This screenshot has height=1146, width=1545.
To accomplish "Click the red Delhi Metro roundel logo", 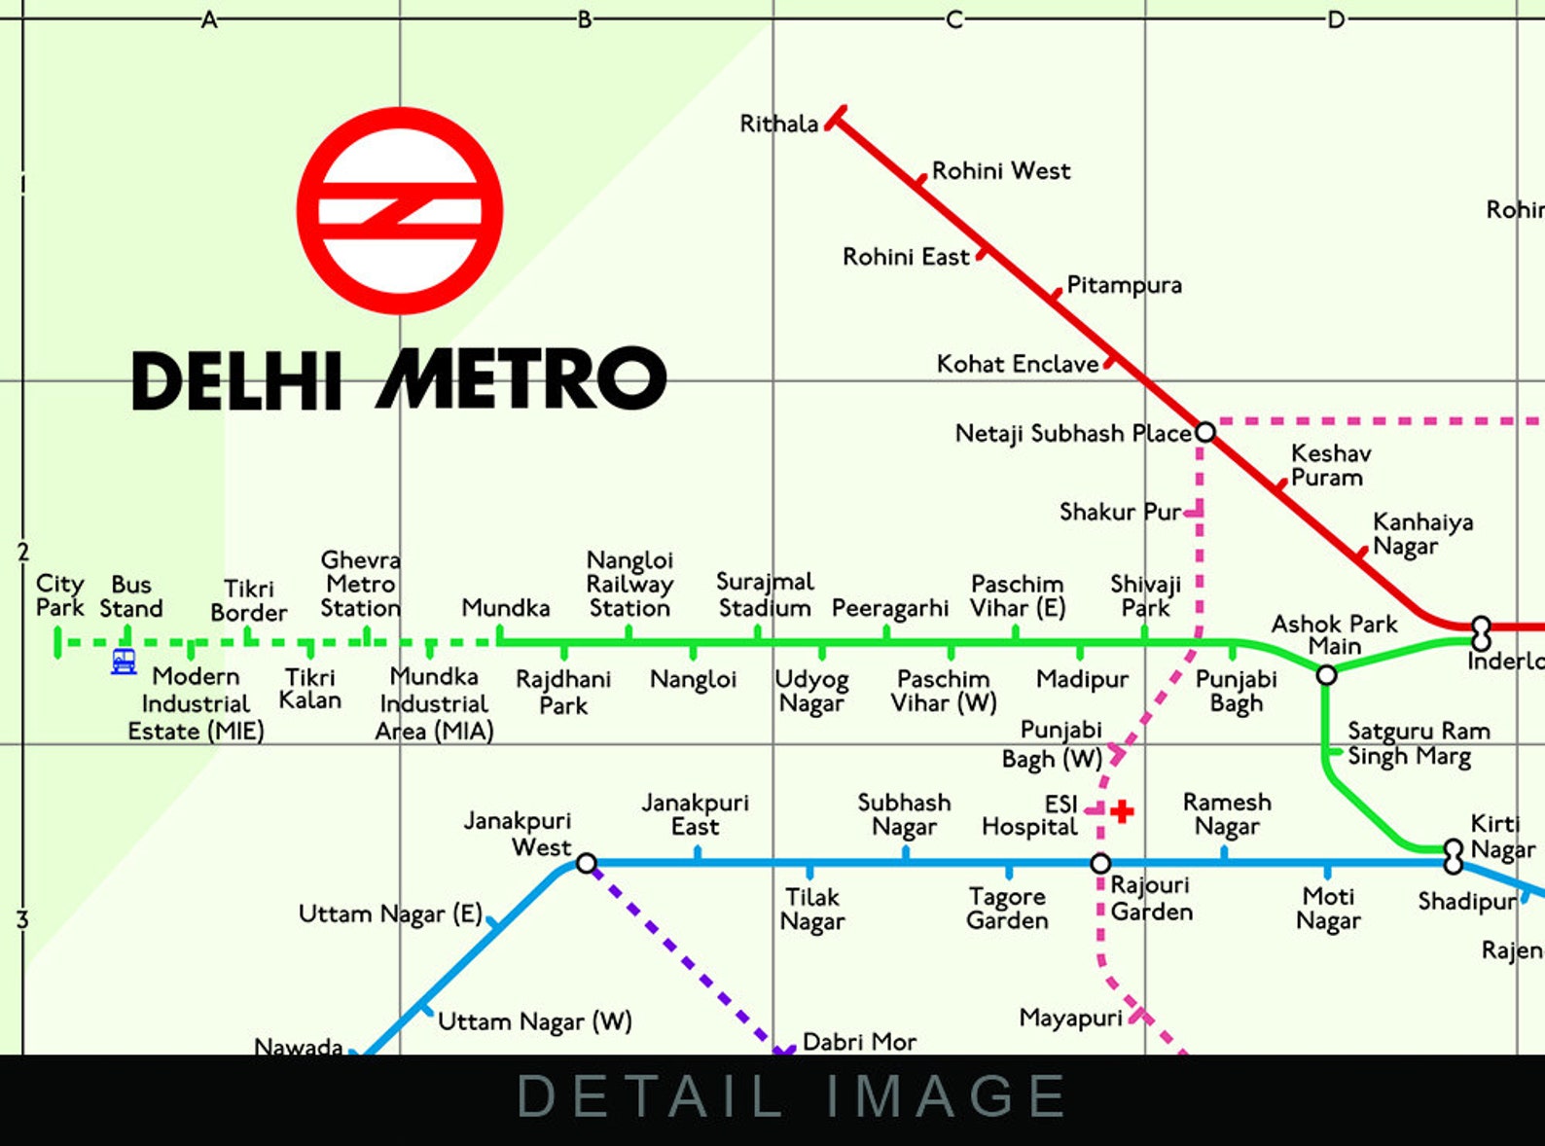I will point(400,210).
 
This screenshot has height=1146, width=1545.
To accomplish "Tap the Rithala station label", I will point(778,125).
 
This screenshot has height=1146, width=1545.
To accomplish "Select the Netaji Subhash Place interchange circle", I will point(1204,432).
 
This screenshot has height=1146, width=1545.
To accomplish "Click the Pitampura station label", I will point(1124,285).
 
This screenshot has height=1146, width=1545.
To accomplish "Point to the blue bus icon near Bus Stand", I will point(124,662).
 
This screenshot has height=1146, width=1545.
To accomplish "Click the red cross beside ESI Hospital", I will point(1122,811).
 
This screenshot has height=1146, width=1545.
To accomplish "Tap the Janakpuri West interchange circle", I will point(586,863).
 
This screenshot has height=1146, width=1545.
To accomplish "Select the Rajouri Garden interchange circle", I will point(1100,863).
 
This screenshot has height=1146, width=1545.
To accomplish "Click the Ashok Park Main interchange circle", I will point(1326,674).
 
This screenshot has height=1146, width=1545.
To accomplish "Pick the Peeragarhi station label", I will point(889,609).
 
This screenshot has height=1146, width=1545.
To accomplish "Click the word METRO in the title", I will point(521,379).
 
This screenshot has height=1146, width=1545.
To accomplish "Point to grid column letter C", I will point(954,19).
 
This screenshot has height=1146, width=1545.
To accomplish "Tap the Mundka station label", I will point(505,608).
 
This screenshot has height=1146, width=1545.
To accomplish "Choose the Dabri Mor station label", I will point(858,1042).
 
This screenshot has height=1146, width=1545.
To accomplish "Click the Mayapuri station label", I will point(1070,1018).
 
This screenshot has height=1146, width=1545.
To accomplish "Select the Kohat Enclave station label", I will point(1017,364).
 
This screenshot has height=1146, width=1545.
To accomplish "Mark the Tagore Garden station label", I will point(1007,908).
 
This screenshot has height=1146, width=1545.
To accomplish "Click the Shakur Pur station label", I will point(1120,512).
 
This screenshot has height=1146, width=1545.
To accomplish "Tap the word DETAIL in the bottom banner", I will point(650,1096).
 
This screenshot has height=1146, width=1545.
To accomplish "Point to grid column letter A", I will point(209,19).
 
